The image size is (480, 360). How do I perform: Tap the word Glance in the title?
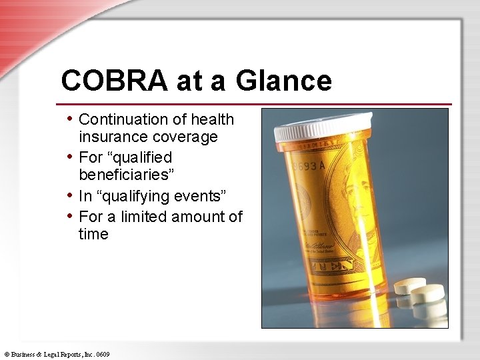click(x=283, y=81)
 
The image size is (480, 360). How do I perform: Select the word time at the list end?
click(x=93, y=234)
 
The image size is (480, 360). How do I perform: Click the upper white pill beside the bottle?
click(x=409, y=287)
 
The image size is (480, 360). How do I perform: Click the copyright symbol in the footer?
click(x=6, y=355)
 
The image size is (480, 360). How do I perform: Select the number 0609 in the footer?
click(x=102, y=355)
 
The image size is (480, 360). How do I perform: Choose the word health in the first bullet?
click(x=212, y=119)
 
